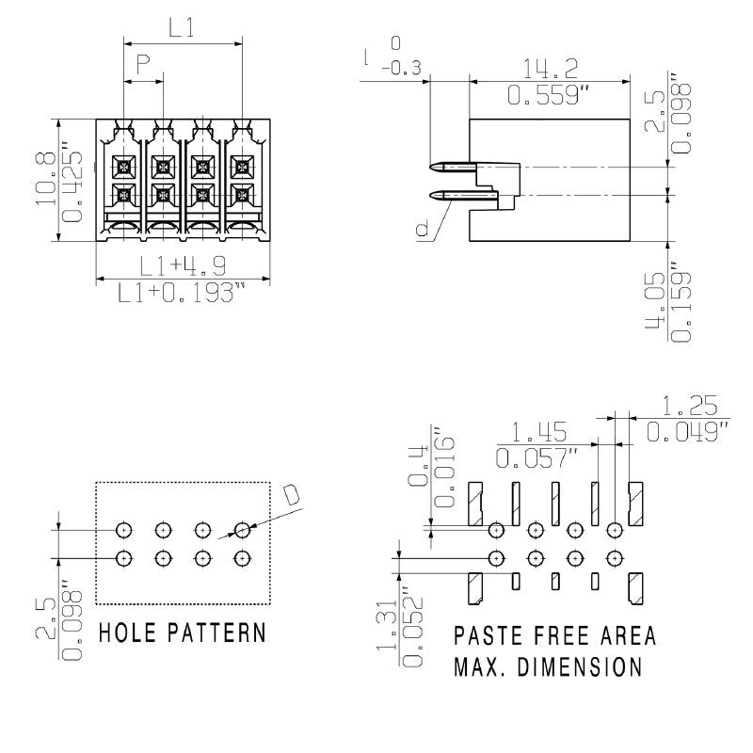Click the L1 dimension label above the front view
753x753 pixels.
(182, 28)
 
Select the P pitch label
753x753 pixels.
(143, 65)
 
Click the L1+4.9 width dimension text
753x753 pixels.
(183, 266)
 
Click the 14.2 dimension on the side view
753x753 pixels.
(551, 68)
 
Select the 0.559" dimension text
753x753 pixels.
(551, 95)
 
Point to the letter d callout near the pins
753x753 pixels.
(421, 229)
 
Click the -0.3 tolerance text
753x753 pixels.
(400, 67)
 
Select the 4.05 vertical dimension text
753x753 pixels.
(656, 306)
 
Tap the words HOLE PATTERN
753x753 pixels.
(182, 632)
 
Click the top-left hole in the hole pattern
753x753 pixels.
(123, 529)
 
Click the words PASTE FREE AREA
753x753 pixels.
(554, 635)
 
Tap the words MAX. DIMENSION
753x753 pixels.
(548, 667)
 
